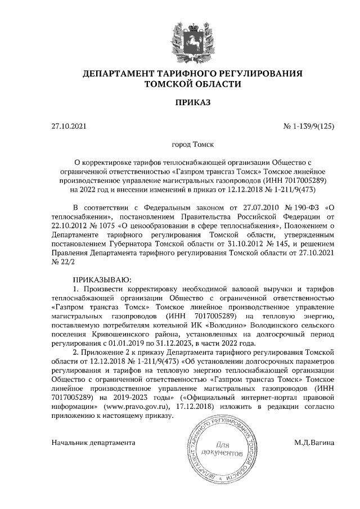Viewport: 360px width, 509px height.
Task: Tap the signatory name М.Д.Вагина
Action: pos(314,443)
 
